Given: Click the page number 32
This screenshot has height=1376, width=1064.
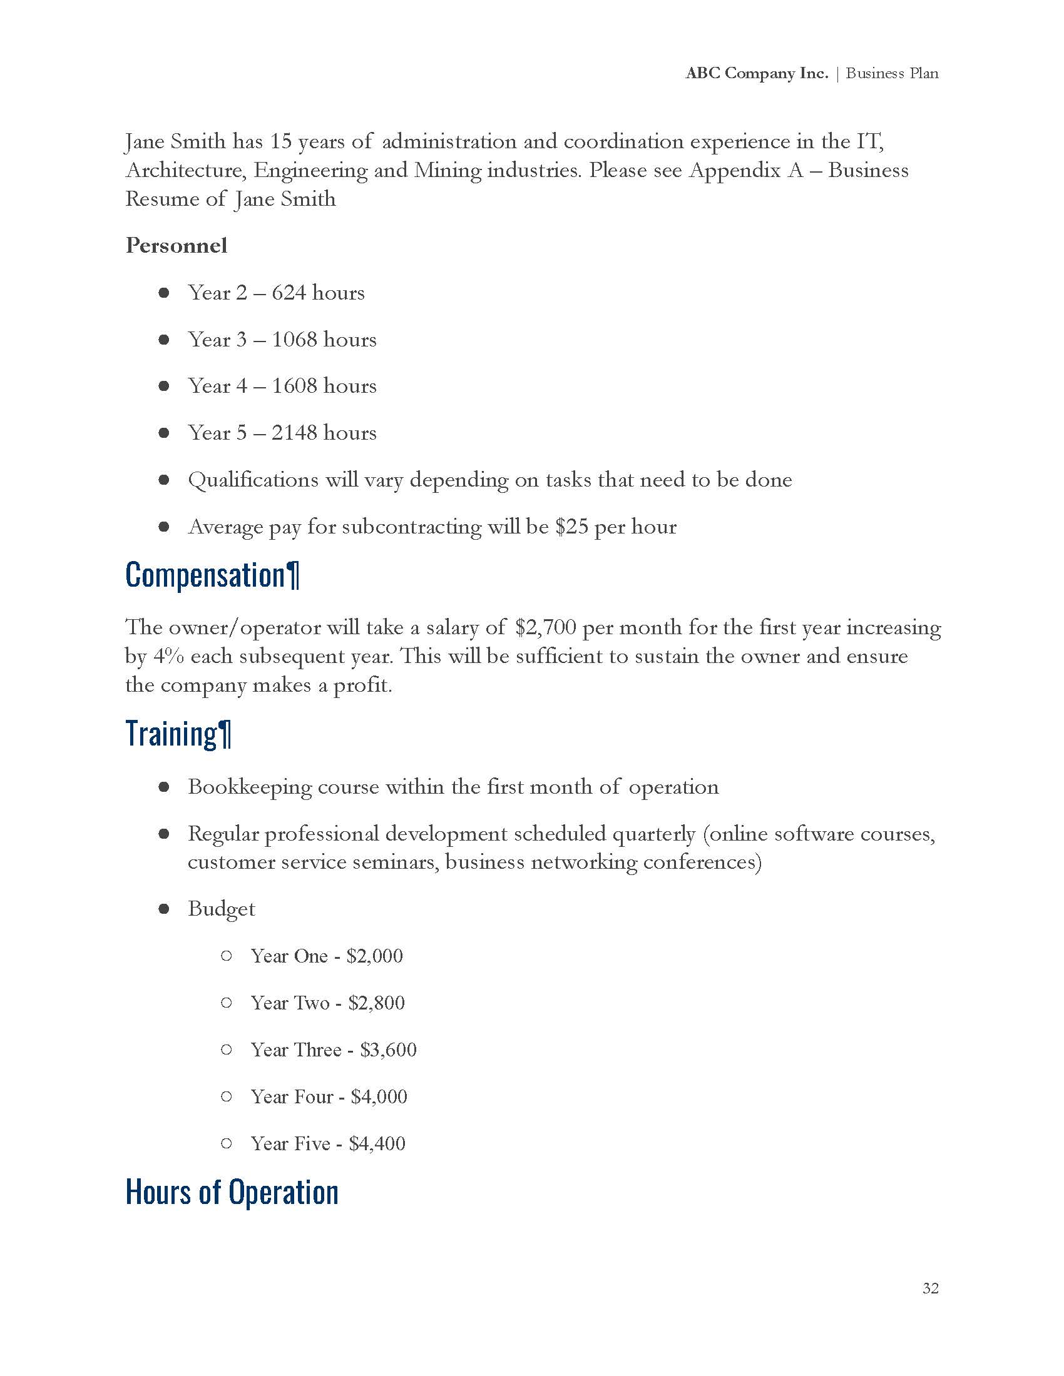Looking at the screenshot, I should (x=929, y=1288).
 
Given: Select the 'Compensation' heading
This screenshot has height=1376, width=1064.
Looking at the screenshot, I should (x=206, y=576).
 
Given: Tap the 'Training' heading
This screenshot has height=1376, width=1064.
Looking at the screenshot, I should (x=171, y=734).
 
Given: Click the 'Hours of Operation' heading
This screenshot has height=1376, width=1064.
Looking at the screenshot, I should (x=232, y=1192).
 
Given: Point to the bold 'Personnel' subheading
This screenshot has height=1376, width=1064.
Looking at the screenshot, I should (x=176, y=245).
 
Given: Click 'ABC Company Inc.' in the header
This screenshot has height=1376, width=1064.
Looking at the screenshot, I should (x=757, y=73).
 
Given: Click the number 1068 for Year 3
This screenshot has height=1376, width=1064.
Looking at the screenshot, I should (x=294, y=340).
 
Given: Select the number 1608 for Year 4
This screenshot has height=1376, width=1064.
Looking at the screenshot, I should (x=294, y=386).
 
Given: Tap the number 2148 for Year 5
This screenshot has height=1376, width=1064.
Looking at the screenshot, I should (x=294, y=433).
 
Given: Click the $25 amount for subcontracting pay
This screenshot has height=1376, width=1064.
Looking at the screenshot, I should (x=571, y=527).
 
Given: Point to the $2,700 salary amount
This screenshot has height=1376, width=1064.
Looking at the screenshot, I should (x=545, y=627).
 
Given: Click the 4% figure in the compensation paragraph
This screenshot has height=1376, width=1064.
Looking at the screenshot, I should (x=168, y=657).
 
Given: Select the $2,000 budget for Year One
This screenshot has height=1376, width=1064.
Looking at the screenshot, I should (x=374, y=956).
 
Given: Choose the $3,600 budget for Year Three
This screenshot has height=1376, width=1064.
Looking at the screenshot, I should (x=388, y=1050).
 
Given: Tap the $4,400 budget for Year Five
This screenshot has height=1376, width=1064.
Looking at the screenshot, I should (x=377, y=1143).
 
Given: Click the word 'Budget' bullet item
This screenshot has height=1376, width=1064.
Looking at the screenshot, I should (x=221, y=909).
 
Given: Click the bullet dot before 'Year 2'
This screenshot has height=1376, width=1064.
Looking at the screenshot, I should (x=164, y=293).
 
